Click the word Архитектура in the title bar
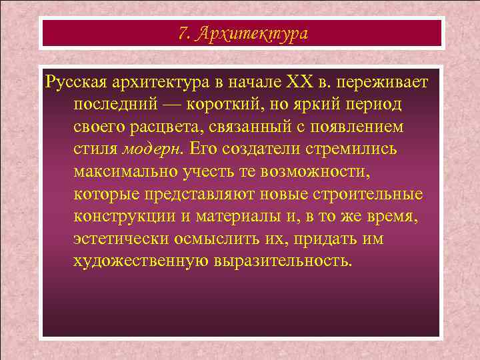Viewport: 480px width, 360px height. point(253,34)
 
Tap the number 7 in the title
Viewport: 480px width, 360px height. point(183,33)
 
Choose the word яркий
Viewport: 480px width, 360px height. point(324,105)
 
